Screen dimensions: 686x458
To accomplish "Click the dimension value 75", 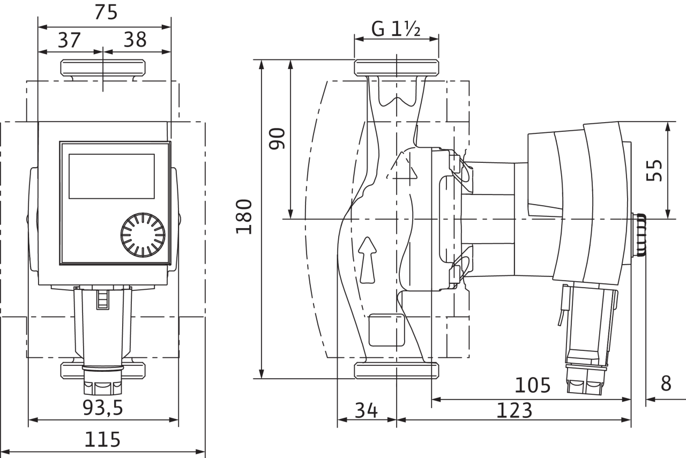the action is coord(106,12).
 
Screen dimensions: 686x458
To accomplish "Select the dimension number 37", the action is coord(69,40).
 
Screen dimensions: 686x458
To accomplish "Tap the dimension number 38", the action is coord(135,40).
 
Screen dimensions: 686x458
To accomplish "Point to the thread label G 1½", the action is coord(396,29).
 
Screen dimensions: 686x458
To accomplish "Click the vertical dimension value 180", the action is coord(244,216).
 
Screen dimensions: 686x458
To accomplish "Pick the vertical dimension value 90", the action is coord(277,138).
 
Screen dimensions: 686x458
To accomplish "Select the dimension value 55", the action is coord(654,170).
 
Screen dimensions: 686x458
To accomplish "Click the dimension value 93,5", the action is coord(102,408).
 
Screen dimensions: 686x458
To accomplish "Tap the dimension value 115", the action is coord(102,439).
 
